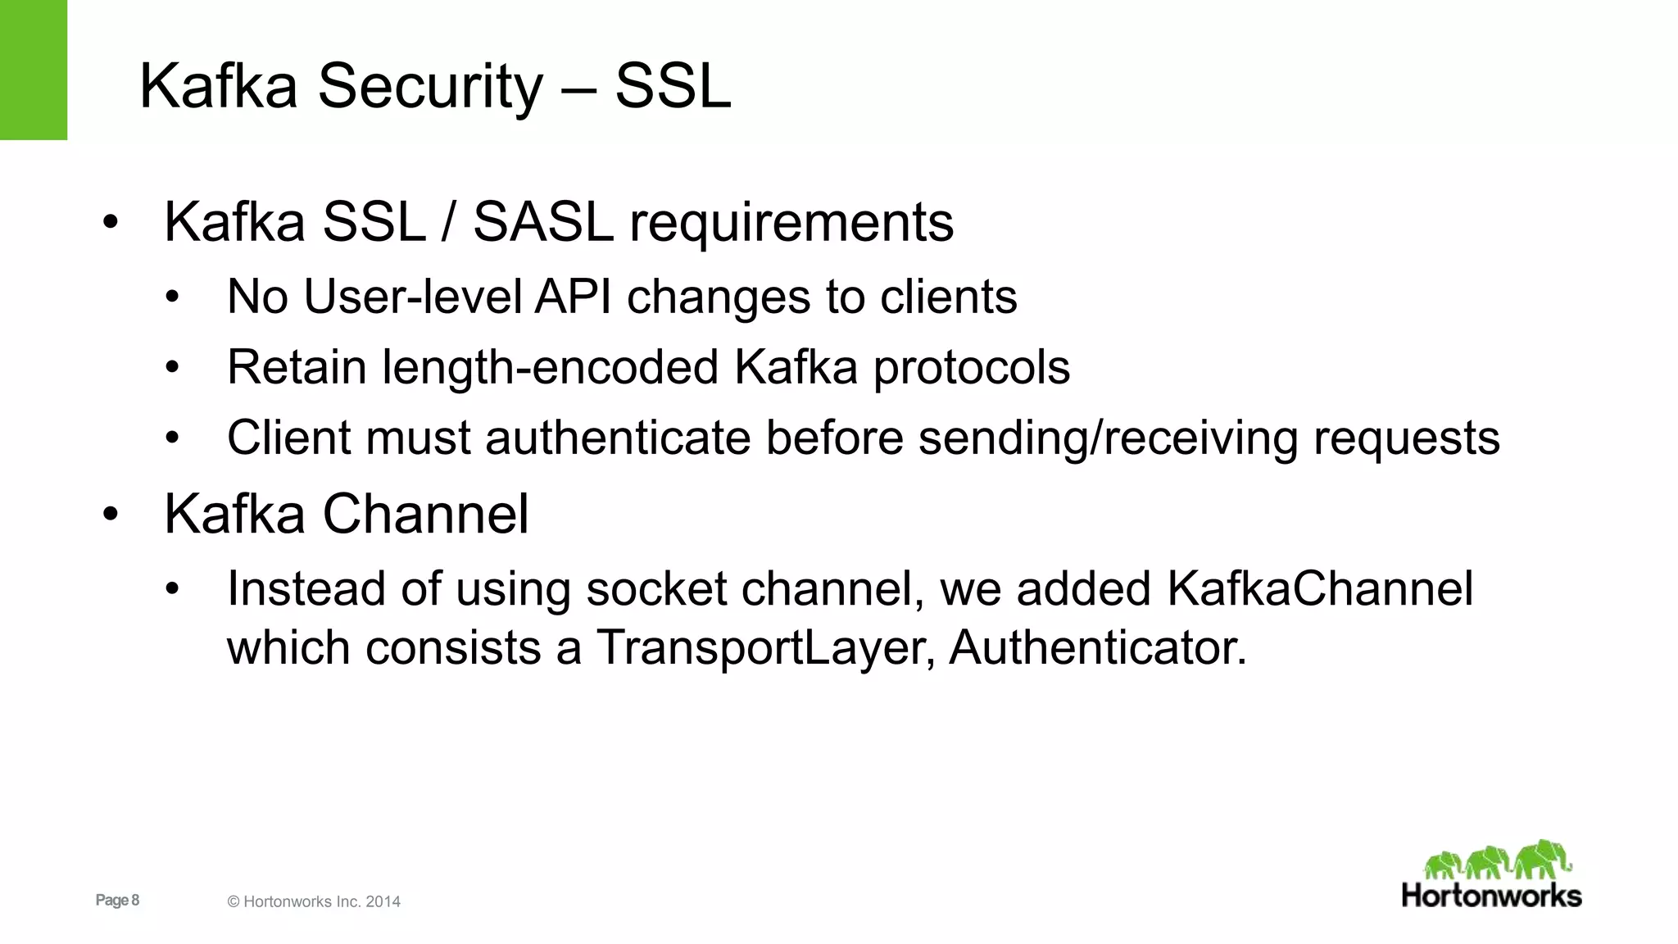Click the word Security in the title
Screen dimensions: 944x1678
tap(430, 86)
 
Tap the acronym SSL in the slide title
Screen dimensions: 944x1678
tap(672, 86)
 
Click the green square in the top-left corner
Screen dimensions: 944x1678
tap(33, 70)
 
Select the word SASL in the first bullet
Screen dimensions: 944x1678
tap(543, 222)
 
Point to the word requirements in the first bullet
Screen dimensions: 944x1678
tap(791, 224)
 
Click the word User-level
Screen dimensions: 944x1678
tap(413, 297)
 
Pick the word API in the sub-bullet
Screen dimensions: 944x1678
tap(574, 297)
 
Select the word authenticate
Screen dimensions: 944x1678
tap(618, 438)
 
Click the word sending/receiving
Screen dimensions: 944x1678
tap(1109, 439)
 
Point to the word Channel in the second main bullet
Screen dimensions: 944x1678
tap(425, 515)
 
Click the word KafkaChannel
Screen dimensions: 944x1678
tap(1320, 588)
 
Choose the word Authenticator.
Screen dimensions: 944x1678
tap(1098, 648)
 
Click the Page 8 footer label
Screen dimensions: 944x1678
tap(117, 900)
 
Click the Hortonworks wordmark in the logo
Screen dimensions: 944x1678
tap(1491, 895)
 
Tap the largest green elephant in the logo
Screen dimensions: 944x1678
tap(1543, 859)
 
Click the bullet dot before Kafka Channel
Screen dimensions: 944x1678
tap(111, 515)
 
